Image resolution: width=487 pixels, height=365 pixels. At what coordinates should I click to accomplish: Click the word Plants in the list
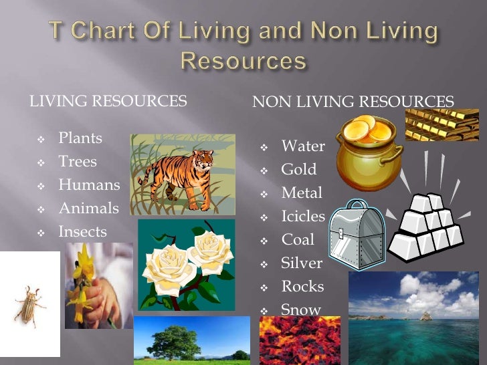pos(80,138)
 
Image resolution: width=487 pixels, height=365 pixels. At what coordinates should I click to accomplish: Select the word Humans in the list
pos(89,185)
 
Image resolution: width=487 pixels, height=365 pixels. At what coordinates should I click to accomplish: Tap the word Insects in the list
pos(82,232)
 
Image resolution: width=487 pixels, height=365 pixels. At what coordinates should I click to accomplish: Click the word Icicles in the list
pos(303,217)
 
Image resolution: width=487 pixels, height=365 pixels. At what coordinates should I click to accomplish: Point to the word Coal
pos(298,240)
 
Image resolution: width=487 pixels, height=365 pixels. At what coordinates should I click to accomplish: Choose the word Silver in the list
pos(302,263)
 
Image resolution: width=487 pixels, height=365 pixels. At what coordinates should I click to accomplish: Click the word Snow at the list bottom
pos(301,310)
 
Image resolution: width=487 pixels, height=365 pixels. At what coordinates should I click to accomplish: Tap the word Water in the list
pos(303,146)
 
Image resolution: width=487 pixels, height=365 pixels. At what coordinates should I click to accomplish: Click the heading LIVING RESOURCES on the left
pos(107,102)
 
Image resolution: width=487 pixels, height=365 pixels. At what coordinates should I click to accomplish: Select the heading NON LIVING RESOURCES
pos(353,102)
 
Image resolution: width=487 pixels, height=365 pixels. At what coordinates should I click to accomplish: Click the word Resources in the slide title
pos(244,61)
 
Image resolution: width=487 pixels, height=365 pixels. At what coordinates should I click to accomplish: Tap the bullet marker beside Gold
pos(264,170)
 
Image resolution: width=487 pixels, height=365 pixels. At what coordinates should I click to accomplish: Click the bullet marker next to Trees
pos(41,162)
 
